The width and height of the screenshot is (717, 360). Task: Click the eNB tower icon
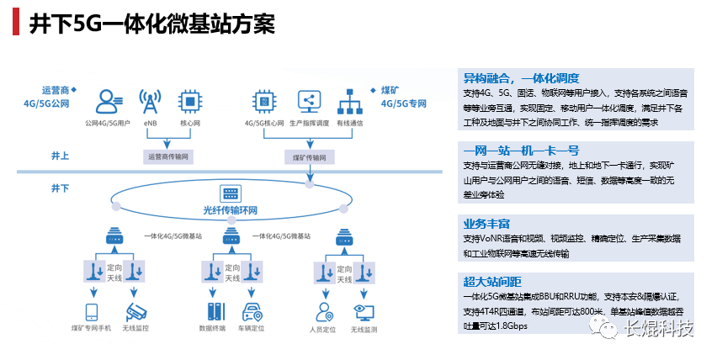151,102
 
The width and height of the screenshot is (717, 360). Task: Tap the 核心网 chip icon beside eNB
191,102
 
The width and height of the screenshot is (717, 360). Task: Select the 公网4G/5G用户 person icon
108,102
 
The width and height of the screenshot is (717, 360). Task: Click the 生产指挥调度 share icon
308,102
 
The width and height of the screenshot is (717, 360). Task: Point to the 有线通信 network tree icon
349,102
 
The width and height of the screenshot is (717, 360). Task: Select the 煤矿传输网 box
309,156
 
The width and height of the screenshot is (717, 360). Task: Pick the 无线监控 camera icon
135,311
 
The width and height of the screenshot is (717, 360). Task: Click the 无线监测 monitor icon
364,312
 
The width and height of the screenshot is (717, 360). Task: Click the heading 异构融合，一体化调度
522,77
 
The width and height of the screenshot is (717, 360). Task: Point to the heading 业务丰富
486,224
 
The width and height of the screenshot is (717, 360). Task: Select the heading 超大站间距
492,281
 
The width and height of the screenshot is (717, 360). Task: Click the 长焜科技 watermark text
666,329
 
